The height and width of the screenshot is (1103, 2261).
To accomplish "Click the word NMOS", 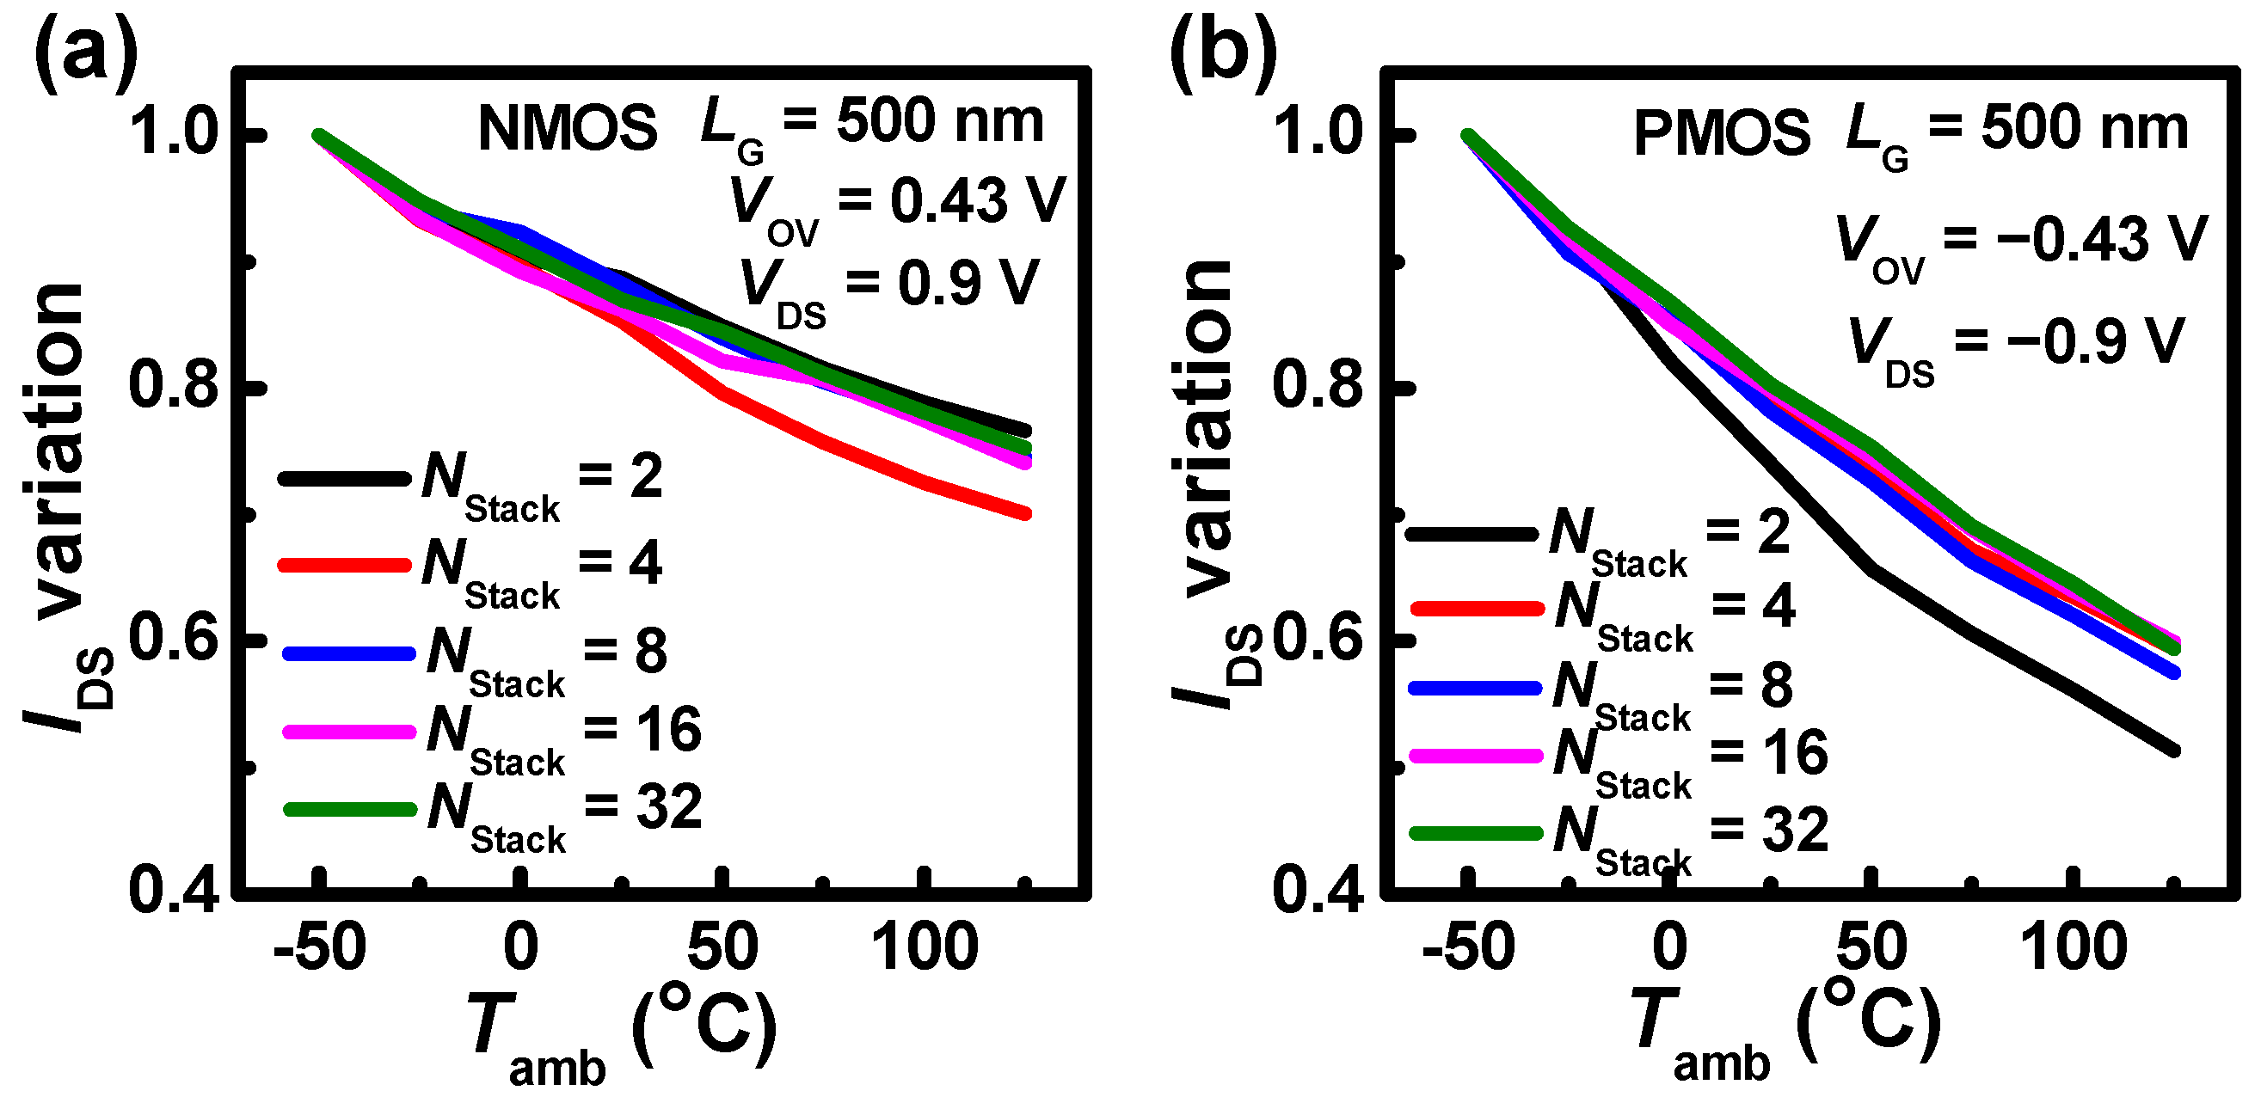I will [x=567, y=129].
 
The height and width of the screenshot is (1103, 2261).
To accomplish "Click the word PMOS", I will [x=1721, y=135].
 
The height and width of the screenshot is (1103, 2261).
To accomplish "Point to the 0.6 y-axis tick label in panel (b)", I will [x=1317, y=638].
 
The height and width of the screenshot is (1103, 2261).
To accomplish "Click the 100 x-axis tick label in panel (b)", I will [x=2074, y=948].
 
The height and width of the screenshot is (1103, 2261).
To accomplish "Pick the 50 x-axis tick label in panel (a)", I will [x=722, y=948].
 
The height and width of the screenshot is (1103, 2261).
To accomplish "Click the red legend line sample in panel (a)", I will [x=344, y=565].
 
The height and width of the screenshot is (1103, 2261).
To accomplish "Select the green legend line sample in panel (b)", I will [x=1477, y=833].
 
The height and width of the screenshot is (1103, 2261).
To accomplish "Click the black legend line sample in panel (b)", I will [x=1472, y=534].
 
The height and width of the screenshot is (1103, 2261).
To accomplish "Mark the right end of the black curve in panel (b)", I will [x=2173, y=751].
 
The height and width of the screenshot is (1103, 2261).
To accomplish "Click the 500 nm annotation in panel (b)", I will [x=2085, y=128].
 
